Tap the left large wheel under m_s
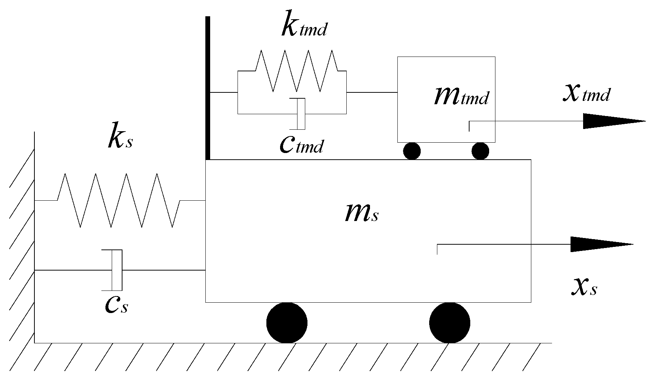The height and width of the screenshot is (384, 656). click(287, 323)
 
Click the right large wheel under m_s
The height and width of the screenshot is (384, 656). click(450, 323)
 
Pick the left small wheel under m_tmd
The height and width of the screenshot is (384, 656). click(412, 151)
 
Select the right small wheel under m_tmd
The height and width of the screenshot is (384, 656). click(480, 151)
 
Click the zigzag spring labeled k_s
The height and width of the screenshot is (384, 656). click(119, 200)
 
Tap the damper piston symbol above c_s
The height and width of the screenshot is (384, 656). click(117, 270)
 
